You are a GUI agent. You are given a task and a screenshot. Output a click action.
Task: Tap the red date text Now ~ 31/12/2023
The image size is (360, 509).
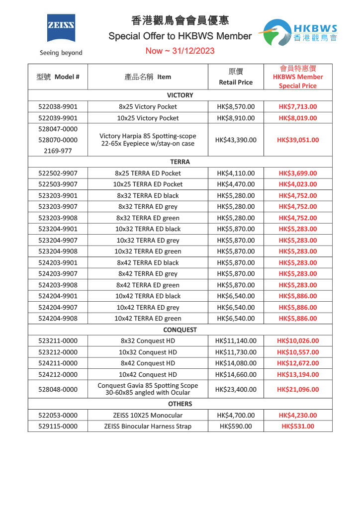click(x=180, y=51)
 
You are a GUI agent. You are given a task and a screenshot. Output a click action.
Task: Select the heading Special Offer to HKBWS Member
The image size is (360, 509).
click(x=180, y=36)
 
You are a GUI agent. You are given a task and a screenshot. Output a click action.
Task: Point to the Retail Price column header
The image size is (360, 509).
click(x=236, y=77)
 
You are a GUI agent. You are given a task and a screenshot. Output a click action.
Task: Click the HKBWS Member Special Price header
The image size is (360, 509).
click(x=297, y=77)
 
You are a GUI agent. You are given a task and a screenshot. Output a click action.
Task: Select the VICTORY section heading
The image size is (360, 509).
click(x=180, y=95)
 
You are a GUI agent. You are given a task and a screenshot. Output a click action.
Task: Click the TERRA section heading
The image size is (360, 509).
click(x=180, y=162)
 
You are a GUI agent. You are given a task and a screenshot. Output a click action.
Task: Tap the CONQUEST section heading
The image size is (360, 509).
click(x=180, y=330)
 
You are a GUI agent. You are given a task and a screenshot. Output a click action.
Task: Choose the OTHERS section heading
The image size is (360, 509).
click(x=180, y=404)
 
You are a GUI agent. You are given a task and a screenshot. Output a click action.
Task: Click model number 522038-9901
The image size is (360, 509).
click(x=58, y=106)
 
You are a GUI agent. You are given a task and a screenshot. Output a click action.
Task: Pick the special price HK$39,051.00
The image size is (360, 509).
click(x=297, y=140)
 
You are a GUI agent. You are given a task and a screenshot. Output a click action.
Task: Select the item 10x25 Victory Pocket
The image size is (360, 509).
click(x=148, y=118)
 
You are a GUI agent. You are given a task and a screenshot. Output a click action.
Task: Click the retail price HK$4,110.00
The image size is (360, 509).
click(x=236, y=173)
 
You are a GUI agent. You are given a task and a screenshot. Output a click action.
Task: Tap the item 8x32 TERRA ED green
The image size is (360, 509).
click(x=148, y=218)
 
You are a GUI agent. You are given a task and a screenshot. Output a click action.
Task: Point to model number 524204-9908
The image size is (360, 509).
click(x=58, y=318)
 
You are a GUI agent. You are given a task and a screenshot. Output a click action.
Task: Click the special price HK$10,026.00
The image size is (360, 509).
click(x=297, y=340)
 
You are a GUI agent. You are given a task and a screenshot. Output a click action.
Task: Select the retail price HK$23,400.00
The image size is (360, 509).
click(x=236, y=389)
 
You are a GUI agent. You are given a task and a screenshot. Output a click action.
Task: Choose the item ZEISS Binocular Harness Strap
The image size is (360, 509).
click(x=148, y=426)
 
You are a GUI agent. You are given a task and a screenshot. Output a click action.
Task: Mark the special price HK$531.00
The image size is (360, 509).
click(x=297, y=426)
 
